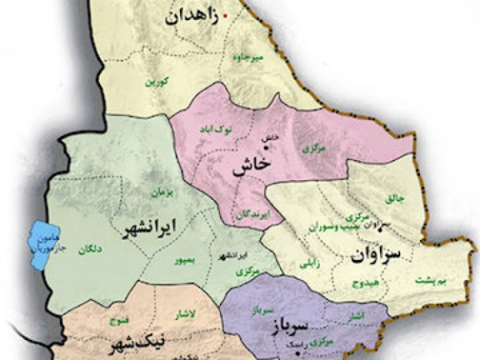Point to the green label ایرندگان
coord(251,212)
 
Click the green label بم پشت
coord(429,281)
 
